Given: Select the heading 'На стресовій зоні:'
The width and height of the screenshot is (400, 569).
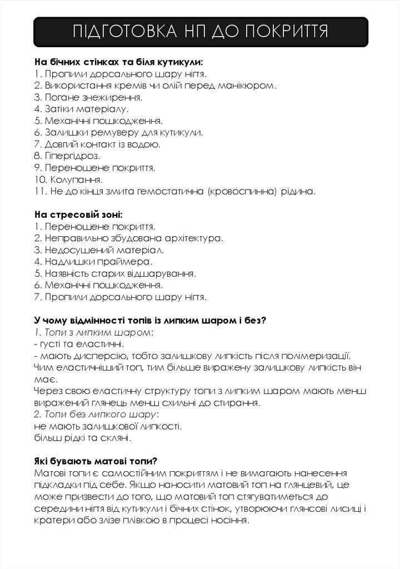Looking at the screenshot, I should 78,214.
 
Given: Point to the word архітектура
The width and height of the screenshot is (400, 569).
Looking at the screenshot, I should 190,238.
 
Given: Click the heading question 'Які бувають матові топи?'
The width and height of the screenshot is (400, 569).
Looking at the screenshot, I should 96,461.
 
